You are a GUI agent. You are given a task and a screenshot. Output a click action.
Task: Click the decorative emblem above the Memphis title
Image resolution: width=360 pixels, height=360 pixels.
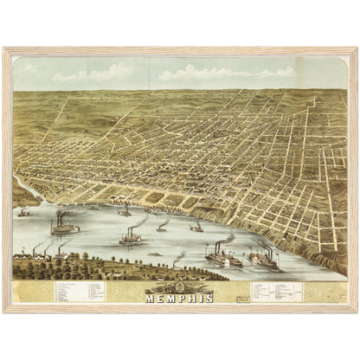179,286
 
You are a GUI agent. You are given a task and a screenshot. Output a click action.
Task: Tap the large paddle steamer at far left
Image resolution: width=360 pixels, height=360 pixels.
64,228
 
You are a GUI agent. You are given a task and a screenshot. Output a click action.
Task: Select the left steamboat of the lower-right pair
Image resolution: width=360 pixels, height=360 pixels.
223,257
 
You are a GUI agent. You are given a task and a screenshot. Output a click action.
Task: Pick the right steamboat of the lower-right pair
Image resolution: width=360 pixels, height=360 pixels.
264,259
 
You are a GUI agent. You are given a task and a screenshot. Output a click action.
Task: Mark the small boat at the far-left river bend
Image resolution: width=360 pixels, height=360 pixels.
23,211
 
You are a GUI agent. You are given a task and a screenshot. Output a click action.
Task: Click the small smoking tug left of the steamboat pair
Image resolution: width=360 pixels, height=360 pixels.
177,260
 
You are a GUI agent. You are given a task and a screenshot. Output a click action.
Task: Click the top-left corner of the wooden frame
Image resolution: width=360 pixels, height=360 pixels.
3,48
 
